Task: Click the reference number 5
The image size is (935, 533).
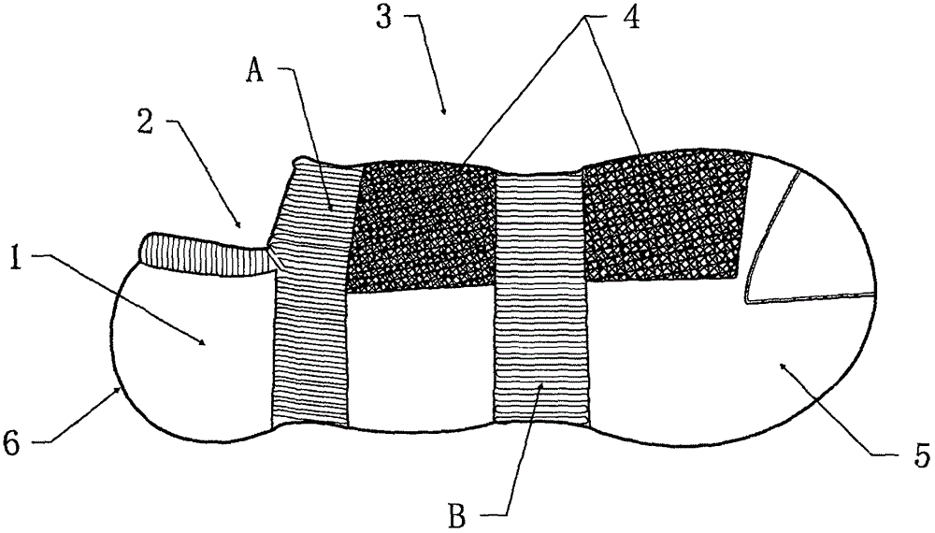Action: click(x=921, y=457)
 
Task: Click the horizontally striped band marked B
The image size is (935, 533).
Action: click(x=540, y=299)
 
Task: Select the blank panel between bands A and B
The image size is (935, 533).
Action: click(x=421, y=355)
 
